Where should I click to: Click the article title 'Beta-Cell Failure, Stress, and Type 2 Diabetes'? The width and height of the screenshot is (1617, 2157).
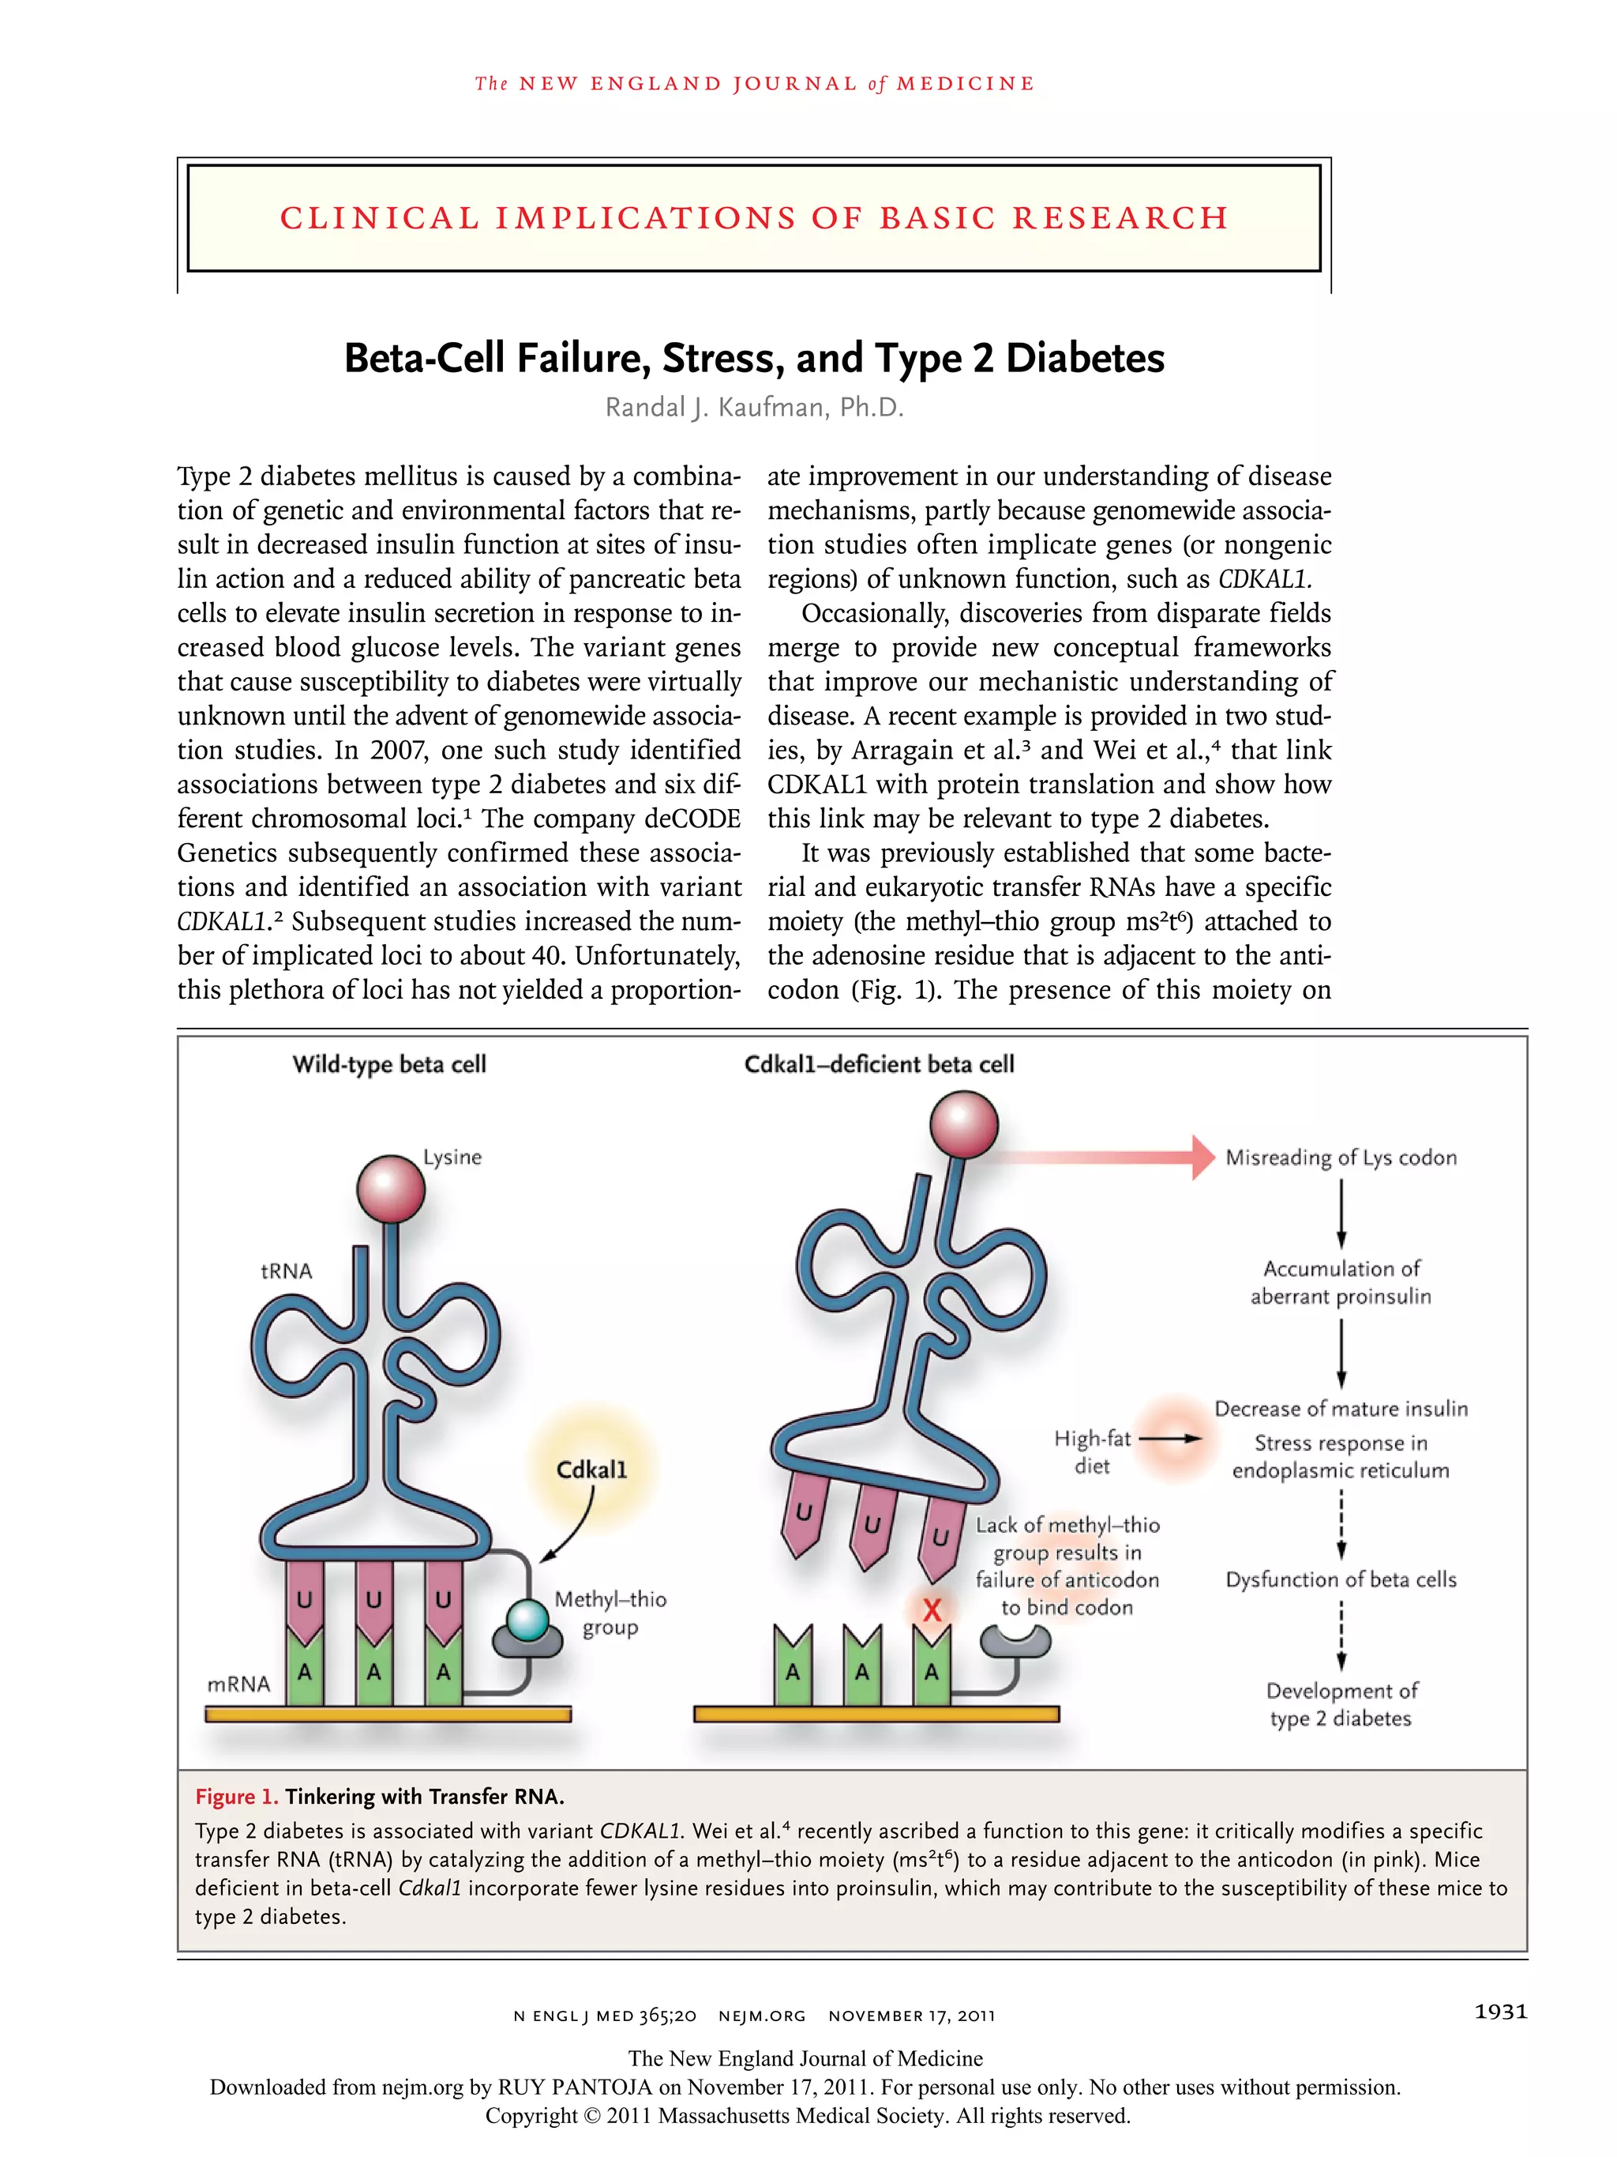(753, 358)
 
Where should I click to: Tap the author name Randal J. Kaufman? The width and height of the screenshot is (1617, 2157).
(753, 408)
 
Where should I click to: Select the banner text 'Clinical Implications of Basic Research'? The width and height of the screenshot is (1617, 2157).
(753, 217)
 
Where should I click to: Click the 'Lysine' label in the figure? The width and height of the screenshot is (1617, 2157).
(452, 1157)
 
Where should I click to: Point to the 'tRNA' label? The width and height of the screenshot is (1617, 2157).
(287, 1270)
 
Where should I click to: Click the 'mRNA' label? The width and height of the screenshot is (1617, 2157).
(238, 1684)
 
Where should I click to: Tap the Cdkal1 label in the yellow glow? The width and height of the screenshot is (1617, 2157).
(591, 1469)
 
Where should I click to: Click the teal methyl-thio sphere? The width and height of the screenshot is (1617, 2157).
(527, 1621)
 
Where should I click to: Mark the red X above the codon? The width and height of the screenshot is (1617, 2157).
(932, 1610)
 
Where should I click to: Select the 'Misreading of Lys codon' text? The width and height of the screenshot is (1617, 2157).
(1340, 1158)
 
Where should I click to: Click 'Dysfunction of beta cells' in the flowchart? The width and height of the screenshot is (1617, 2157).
(1340, 1579)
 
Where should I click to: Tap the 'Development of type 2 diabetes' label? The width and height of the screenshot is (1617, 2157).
(1340, 1704)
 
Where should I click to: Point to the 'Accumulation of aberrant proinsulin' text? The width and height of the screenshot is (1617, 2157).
(1340, 1282)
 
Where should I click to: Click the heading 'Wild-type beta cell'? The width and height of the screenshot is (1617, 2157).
(389, 1063)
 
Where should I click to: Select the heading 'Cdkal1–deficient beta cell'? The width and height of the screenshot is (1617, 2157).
(878, 1063)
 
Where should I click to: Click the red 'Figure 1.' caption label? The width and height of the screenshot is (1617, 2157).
(237, 1796)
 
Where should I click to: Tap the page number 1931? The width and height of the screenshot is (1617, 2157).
(1500, 2012)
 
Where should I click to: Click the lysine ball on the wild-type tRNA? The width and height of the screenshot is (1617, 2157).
(391, 1188)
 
